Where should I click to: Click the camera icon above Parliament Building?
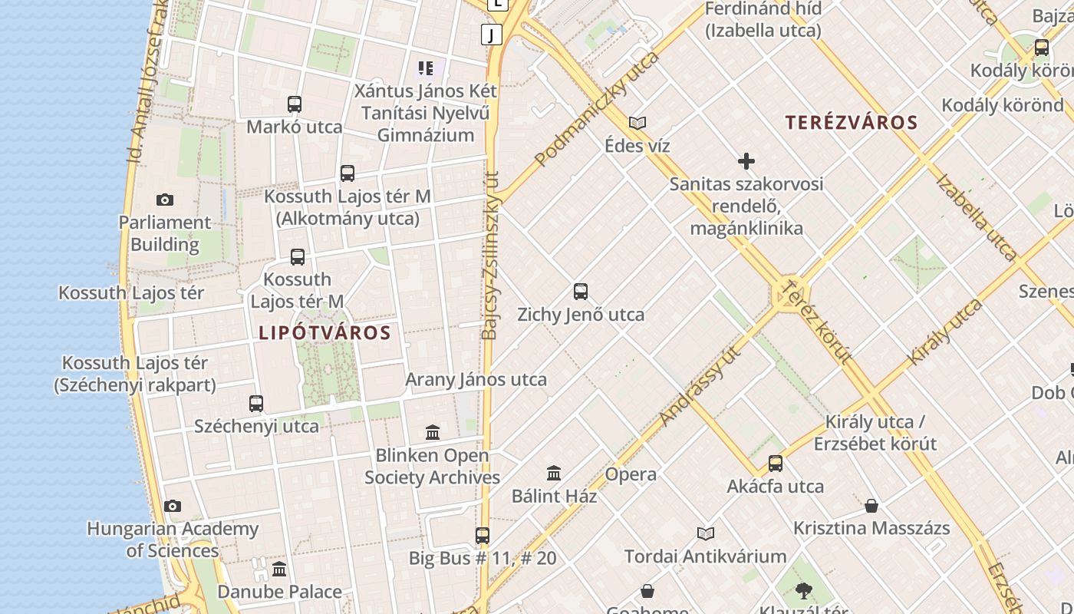(164, 200)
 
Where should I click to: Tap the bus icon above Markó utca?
(294, 104)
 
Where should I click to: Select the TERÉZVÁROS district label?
(852, 123)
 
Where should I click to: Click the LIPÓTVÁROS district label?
(325, 333)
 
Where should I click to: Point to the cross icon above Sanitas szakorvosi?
(746, 161)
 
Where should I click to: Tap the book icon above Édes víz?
(637, 123)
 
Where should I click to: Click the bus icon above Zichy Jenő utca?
(581, 292)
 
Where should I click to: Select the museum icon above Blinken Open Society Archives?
(433, 433)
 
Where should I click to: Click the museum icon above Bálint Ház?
(554, 474)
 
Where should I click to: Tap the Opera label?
(631, 474)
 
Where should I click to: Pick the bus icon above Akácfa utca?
(776, 464)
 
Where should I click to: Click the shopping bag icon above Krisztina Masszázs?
(871, 506)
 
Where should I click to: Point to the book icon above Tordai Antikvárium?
(706, 533)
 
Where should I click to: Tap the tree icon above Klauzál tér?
(803, 591)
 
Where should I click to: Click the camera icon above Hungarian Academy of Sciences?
(173, 507)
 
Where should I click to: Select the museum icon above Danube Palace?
(279, 569)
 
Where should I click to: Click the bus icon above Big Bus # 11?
(483, 536)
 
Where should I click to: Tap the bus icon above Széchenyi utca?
(256, 403)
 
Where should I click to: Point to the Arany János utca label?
(476, 380)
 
